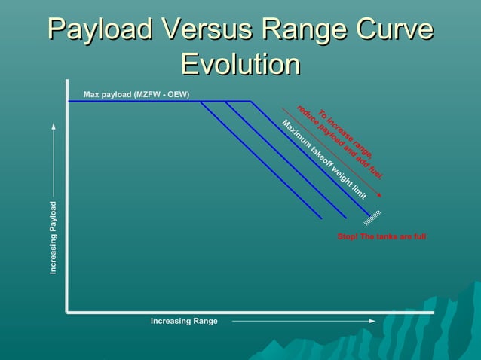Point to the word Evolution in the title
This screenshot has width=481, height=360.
coord(240,64)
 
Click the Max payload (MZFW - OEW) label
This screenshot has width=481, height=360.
coord(136,95)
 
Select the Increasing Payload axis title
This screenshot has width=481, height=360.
coord(54,237)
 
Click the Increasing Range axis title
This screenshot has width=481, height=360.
coord(184,322)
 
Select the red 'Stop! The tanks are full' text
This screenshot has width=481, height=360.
coord(381,237)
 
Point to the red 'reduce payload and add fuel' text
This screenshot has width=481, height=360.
coord(339,142)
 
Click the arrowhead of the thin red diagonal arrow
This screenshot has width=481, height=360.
coord(379,194)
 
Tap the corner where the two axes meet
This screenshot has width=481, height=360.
coord(67,311)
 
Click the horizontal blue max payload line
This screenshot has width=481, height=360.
coord(151,102)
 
